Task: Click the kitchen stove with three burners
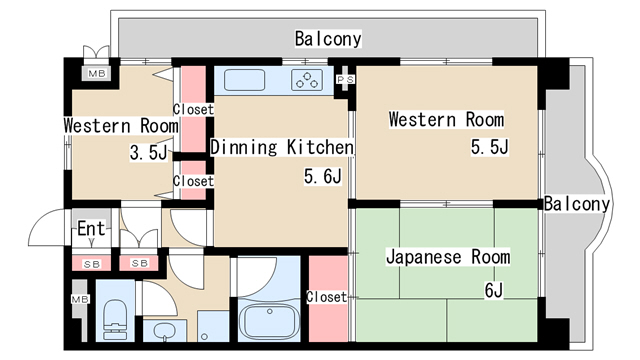307,80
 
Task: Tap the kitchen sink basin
244,80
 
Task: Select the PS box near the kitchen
345,80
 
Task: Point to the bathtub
269,320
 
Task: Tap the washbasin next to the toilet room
165,330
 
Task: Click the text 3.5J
149,153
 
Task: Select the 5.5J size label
489,147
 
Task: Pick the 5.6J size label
322,176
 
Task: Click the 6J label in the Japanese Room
493,290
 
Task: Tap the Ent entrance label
91,228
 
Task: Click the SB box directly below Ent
91,264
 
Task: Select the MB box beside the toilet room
80,299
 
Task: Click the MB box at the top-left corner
97,74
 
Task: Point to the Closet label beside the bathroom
327,297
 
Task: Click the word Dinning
244,147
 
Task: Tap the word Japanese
424,257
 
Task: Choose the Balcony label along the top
328,39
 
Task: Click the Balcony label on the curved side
577,204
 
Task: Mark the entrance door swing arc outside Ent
41,220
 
